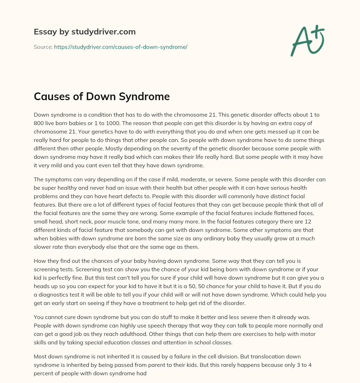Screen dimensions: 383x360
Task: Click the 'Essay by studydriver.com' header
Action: tap(85, 32)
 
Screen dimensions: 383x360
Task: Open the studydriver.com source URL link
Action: tap(121, 47)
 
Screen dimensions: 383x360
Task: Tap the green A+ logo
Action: tap(307, 40)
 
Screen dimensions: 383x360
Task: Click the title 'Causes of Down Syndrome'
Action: tap(102, 97)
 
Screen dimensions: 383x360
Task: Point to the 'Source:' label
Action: tap(43, 47)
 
